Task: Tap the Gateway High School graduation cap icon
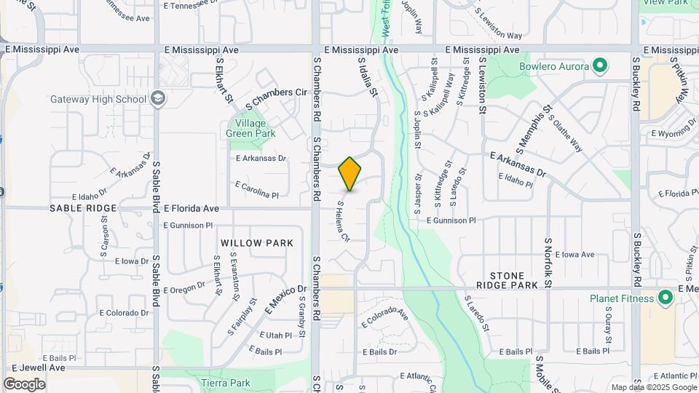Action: tap(158, 100)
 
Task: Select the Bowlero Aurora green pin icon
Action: tap(600, 67)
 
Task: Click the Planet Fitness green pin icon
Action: tap(664, 298)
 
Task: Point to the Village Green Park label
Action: tap(250, 128)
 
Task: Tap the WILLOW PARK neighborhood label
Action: tap(257, 243)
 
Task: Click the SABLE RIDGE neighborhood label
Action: tap(83, 208)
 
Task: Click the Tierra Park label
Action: tap(226, 383)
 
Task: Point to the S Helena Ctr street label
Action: tap(343, 221)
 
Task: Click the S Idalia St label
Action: tap(368, 78)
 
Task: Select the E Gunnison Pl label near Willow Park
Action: tap(188, 226)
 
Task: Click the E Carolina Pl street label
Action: tap(257, 190)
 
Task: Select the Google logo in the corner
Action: tap(24, 384)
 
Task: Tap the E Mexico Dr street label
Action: tap(285, 300)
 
